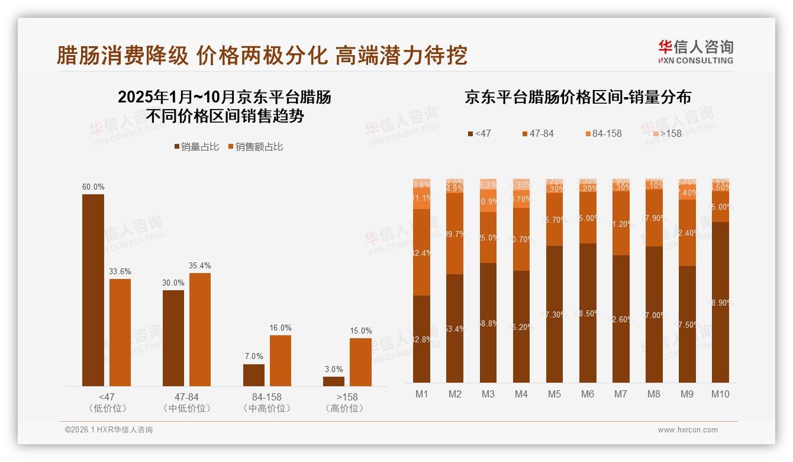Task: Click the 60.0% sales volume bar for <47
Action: (93, 290)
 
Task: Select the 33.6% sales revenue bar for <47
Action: (120, 332)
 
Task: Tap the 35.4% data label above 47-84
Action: (200, 266)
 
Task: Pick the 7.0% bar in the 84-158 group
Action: (254, 375)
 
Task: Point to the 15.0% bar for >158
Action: (360, 362)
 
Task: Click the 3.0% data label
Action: (334, 370)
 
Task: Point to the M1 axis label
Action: (421, 394)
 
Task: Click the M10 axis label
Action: (720, 394)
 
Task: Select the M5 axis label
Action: (554, 394)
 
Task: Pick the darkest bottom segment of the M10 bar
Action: (720, 302)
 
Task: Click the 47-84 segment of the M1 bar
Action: (421, 252)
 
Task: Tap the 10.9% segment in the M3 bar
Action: (488, 201)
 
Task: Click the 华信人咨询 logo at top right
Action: (695, 52)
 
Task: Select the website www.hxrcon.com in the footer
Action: (688, 430)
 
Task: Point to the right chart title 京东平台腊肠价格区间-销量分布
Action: (578, 98)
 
